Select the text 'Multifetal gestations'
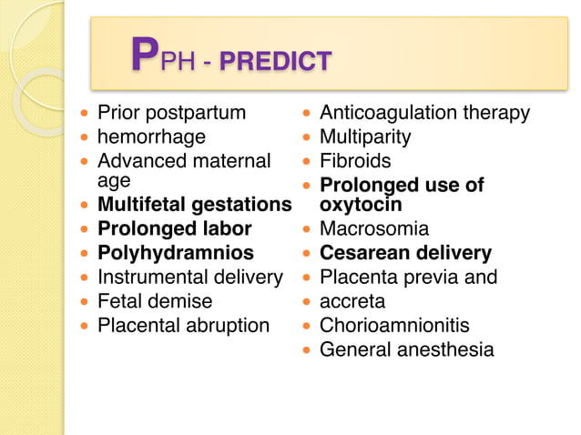tap(194, 205)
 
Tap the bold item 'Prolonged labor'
tap(174, 228)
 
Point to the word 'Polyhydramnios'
tap(175, 253)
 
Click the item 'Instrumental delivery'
tap(189, 277)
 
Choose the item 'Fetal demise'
tap(155, 301)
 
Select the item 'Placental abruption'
tap(183, 326)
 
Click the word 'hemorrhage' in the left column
tap(151, 137)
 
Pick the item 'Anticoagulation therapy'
tap(424, 114)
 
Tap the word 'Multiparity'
tap(365, 137)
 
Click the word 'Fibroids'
tap(355, 162)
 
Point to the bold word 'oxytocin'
tap(361, 205)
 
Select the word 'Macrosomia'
tap(373, 228)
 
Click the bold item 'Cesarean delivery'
tap(405, 253)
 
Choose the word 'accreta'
tap(352, 301)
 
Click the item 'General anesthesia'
tap(406, 349)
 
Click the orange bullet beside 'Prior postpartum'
tap(86, 114)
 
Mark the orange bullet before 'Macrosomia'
tap(307, 229)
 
